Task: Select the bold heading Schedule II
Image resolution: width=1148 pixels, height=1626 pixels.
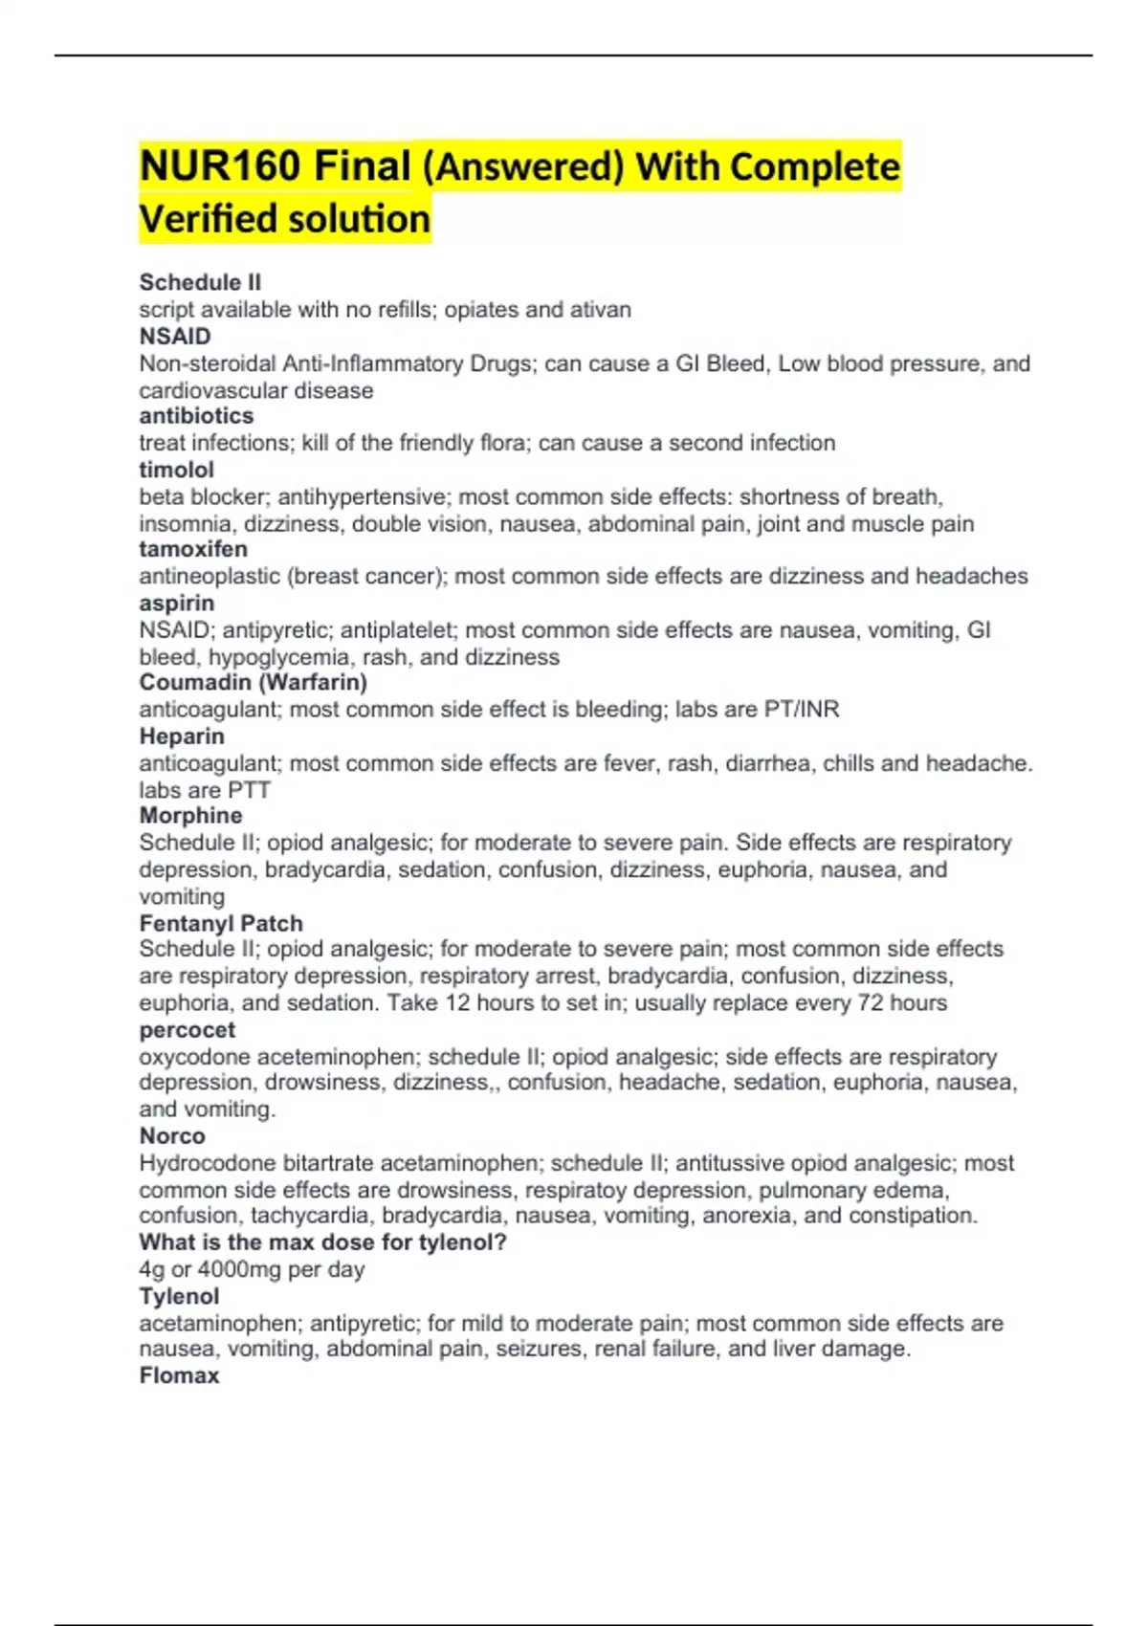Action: tap(200, 282)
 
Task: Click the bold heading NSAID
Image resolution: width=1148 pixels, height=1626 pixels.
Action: tap(175, 337)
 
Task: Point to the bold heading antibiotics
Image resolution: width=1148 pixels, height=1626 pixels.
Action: tap(196, 416)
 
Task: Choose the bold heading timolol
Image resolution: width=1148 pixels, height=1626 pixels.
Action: tap(176, 470)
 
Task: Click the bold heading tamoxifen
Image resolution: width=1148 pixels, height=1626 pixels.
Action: tap(193, 549)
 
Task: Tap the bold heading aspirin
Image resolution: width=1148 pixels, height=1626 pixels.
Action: tap(176, 604)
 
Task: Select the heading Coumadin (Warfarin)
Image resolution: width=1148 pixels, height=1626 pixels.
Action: tap(253, 682)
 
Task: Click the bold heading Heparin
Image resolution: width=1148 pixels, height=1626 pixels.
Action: tap(182, 736)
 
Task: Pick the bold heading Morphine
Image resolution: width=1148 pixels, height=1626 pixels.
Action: tap(190, 816)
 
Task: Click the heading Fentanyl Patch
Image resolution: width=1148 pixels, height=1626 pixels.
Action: tap(221, 923)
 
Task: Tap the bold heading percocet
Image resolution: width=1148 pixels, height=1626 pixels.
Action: tap(187, 1030)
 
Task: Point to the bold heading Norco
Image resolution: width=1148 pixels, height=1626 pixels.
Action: tap(172, 1136)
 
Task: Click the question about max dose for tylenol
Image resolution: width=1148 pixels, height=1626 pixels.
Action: tap(322, 1242)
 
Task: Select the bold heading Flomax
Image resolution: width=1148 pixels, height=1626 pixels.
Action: tap(179, 1375)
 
